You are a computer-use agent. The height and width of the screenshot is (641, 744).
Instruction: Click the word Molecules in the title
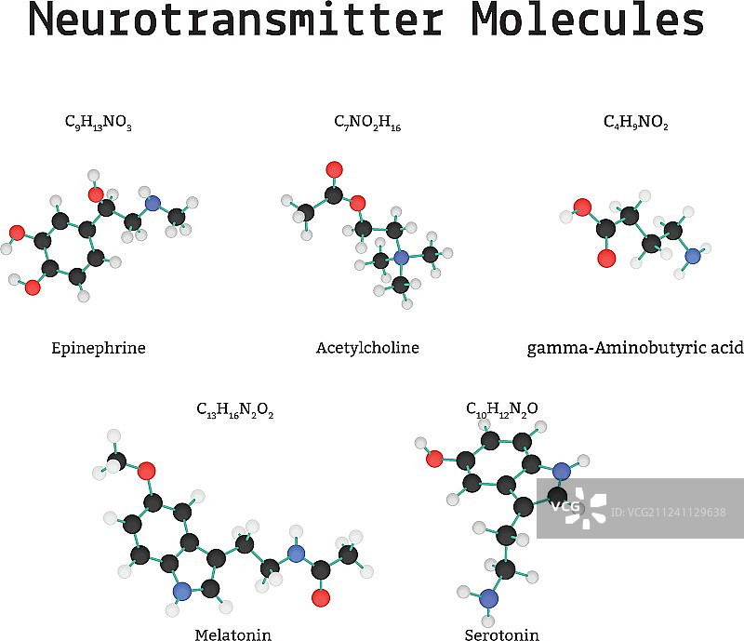click(587, 20)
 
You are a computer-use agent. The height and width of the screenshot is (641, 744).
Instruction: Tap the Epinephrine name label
click(99, 349)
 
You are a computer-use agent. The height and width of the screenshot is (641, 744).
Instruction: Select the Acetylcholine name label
click(367, 348)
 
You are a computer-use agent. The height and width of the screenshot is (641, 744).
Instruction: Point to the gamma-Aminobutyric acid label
click(635, 349)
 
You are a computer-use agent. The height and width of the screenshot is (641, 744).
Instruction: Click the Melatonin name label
click(232, 635)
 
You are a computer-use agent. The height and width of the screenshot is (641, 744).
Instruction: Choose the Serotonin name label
click(501, 635)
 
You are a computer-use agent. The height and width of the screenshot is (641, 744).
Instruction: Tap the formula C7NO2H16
click(367, 122)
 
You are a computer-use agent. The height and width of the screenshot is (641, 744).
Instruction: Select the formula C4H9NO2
click(636, 122)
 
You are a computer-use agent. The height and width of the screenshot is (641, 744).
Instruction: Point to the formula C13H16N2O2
click(234, 409)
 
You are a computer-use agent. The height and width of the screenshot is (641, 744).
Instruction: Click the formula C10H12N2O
click(502, 408)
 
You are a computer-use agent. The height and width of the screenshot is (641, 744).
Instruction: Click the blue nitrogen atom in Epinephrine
click(153, 204)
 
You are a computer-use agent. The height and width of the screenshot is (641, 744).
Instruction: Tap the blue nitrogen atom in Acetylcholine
click(401, 258)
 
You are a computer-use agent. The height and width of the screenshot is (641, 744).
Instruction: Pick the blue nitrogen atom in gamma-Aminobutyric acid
click(692, 256)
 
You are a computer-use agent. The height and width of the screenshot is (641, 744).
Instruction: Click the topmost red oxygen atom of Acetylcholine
click(335, 170)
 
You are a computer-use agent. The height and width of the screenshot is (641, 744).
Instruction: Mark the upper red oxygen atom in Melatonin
click(146, 471)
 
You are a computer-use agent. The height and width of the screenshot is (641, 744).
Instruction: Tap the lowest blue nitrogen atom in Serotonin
click(490, 598)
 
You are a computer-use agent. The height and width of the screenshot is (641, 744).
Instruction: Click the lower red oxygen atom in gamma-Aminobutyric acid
click(605, 258)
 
